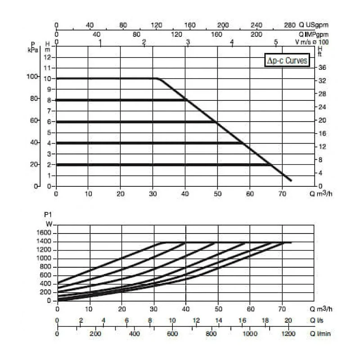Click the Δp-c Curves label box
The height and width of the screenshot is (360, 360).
click(287, 61)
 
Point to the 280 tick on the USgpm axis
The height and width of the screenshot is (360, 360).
click(290, 25)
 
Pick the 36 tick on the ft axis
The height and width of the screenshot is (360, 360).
click(322, 67)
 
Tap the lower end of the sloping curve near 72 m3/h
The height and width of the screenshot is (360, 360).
click(291, 180)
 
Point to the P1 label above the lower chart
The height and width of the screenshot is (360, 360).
click(49, 215)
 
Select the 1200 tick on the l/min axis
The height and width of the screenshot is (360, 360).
click(288, 334)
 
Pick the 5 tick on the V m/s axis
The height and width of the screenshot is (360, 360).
click(276, 42)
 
